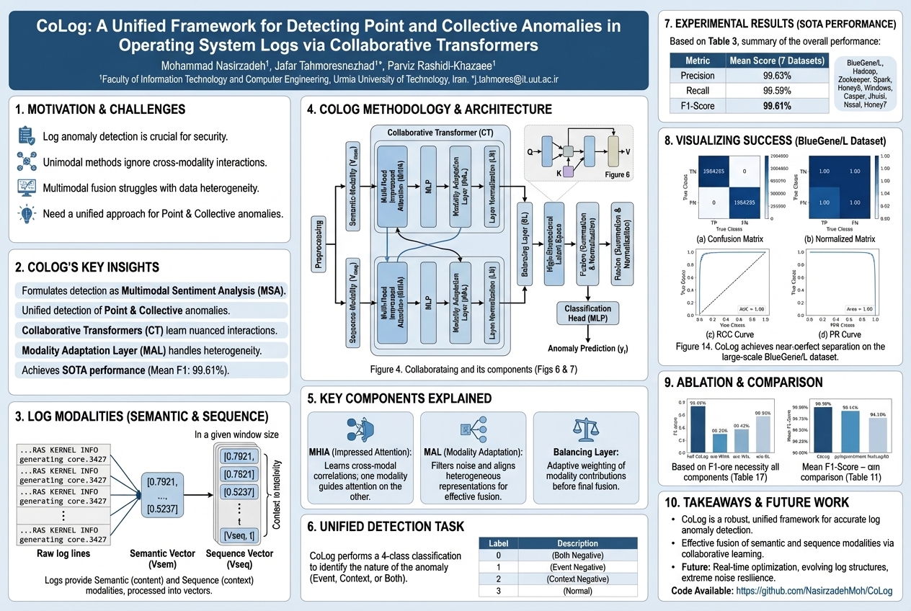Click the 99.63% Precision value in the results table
coord(777,76)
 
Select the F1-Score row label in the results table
coord(697,106)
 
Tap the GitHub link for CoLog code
coord(813,591)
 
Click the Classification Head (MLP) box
coord(587,313)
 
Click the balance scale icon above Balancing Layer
coord(585,429)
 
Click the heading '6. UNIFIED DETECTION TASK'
coord(386,527)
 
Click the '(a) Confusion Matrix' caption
coord(721,238)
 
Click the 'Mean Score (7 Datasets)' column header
coord(777,61)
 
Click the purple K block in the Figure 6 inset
coord(568,171)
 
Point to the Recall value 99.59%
coord(777,91)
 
